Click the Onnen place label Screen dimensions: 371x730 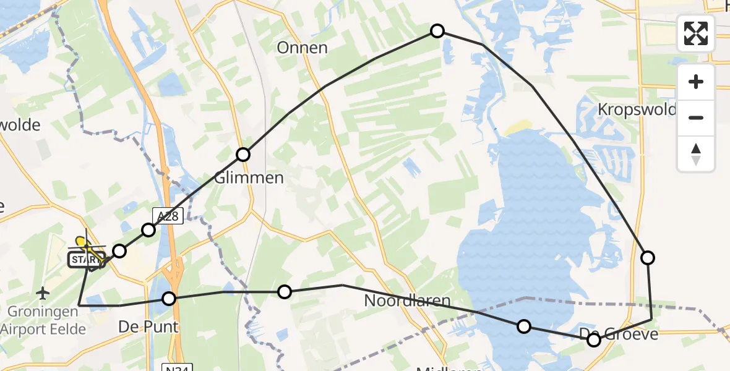click(x=302, y=48)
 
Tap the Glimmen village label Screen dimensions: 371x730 click(x=249, y=178)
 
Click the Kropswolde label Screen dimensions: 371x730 click(x=637, y=109)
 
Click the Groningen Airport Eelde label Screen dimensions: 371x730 click(x=43, y=321)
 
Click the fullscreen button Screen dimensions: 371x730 click(x=696, y=33)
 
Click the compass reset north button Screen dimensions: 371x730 click(x=696, y=154)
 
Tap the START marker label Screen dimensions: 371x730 click(x=82, y=260)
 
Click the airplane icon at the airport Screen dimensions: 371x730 click(x=43, y=291)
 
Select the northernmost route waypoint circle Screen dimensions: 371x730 click(x=437, y=31)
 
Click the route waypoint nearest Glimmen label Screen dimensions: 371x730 click(x=243, y=155)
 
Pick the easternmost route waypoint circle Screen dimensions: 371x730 click(x=648, y=258)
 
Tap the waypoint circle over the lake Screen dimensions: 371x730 click(x=524, y=326)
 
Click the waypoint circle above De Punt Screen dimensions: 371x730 click(x=169, y=299)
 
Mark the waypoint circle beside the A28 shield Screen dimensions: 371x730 click(x=148, y=231)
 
